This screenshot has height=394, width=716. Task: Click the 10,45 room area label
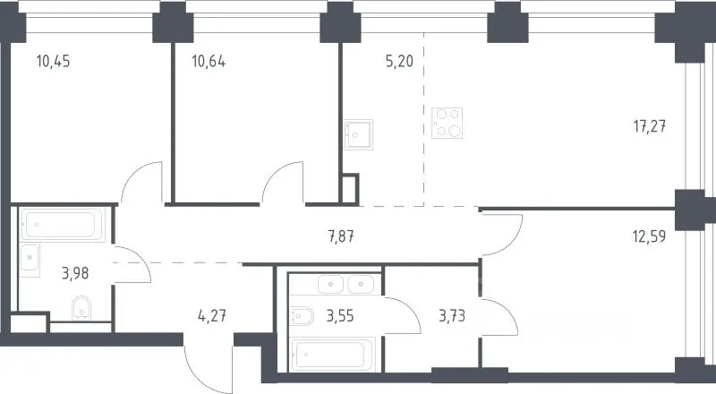(x=54, y=61)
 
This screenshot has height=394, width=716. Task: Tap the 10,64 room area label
(x=209, y=61)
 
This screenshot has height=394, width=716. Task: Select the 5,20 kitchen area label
(x=399, y=61)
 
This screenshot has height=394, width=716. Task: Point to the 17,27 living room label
(x=650, y=125)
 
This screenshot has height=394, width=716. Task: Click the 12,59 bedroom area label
(x=649, y=236)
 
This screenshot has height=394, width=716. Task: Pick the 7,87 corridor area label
(x=341, y=236)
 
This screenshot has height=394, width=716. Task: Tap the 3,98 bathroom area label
(x=75, y=274)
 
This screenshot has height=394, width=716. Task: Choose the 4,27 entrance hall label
(x=212, y=316)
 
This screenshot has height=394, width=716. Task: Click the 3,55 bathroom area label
(x=340, y=316)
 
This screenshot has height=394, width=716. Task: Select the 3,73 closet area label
(x=452, y=316)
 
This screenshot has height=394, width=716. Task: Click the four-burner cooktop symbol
(x=447, y=123)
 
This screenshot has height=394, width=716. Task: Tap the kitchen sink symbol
(x=358, y=135)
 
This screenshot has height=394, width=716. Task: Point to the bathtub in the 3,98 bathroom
(x=63, y=225)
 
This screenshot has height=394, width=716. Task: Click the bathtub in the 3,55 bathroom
(x=333, y=355)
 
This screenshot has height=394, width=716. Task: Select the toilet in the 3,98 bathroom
(x=81, y=308)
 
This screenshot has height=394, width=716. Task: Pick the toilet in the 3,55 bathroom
(x=302, y=316)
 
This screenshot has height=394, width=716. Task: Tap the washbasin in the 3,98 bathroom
(x=30, y=257)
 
